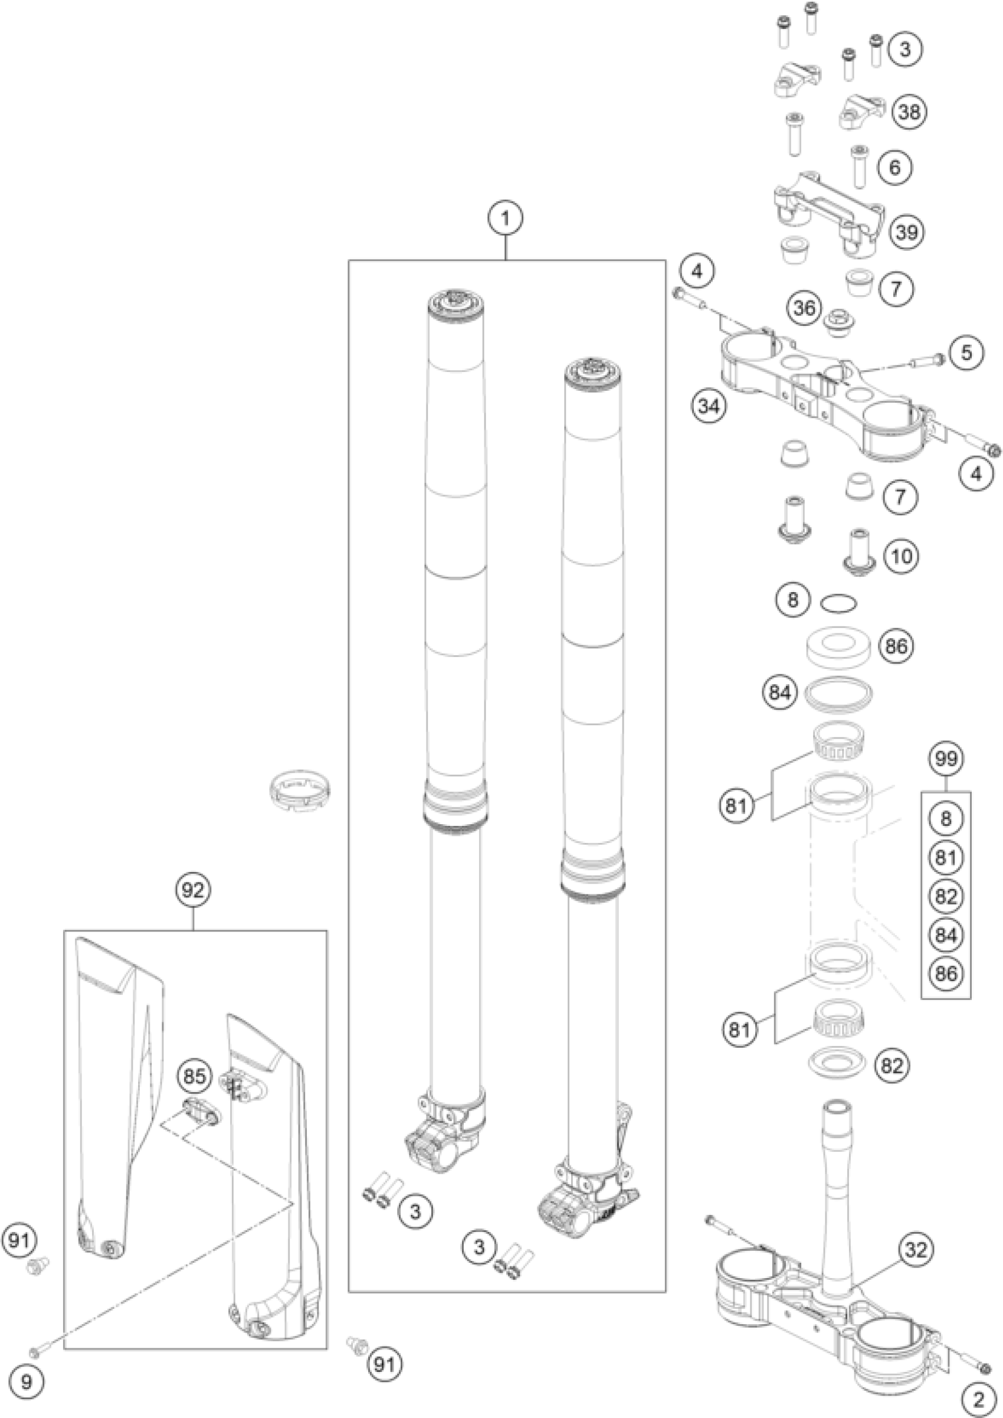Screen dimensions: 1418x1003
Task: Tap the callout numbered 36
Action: tap(805, 307)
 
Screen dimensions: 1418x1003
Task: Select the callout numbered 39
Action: tap(907, 233)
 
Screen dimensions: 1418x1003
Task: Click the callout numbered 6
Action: tap(896, 167)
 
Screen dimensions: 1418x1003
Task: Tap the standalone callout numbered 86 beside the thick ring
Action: tap(896, 647)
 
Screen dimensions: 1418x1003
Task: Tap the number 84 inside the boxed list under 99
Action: tap(946, 935)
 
